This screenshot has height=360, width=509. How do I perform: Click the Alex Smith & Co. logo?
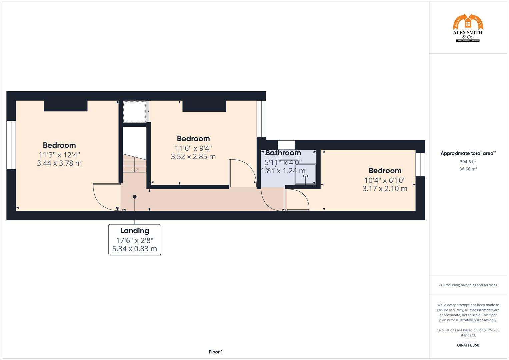pyautogui.click(x=468, y=28)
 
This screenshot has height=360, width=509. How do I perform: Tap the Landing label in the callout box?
pyautogui.click(x=135, y=231)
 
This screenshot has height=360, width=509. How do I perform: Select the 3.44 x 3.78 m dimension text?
pyautogui.click(x=59, y=163)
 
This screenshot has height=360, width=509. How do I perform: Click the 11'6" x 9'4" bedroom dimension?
pyautogui.click(x=193, y=148)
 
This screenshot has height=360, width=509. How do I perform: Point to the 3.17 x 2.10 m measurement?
pyautogui.click(x=385, y=189)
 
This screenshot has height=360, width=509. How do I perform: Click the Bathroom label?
pyautogui.click(x=283, y=153)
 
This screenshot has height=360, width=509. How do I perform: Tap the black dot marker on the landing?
pyautogui.click(x=135, y=197)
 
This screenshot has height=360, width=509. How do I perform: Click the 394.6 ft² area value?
pyautogui.click(x=468, y=162)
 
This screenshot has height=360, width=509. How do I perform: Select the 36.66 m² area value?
pyautogui.click(x=468, y=169)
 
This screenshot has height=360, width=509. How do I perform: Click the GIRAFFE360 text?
pyautogui.click(x=468, y=345)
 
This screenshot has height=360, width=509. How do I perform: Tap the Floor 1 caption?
pyautogui.click(x=216, y=352)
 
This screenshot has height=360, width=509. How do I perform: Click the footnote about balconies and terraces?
pyautogui.click(x=468, y=285)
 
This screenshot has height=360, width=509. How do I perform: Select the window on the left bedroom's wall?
pyautogui.click(x=11, y=145)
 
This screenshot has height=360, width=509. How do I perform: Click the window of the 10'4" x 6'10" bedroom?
pyautogui.click(x=420, y=164)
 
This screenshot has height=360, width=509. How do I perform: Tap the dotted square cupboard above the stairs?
pyautogui.click(x=135, y=112)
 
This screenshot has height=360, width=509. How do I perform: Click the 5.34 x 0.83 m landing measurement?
pyautogui.click(x=135, y=249)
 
